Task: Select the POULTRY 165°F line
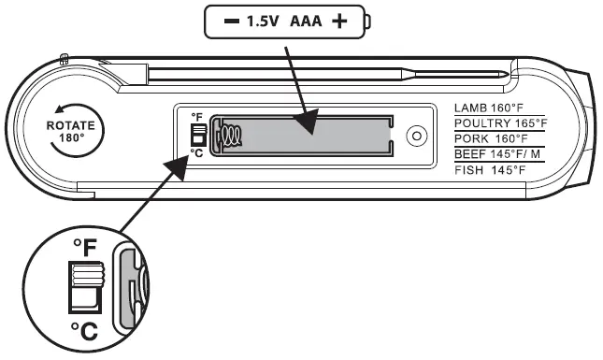500,122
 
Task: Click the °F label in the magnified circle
85,248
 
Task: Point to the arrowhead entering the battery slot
306,120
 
